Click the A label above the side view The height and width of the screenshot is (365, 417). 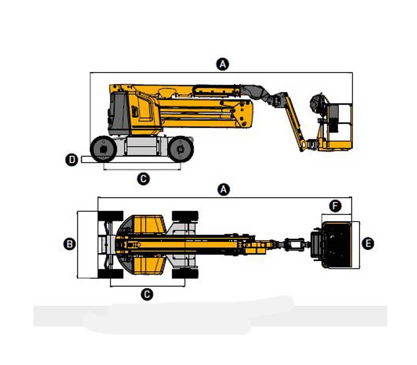223,64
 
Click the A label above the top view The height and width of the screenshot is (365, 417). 224,189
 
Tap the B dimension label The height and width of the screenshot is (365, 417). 70,244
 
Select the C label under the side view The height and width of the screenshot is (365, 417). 143,179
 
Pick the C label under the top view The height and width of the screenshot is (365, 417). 147,295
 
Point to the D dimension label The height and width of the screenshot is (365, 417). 71,160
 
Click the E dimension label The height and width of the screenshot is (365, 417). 368,244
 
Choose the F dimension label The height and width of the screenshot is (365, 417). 335,206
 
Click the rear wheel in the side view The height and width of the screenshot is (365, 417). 103,149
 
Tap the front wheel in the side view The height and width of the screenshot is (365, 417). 180,149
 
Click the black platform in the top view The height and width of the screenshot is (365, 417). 336,245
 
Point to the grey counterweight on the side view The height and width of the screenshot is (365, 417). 118,114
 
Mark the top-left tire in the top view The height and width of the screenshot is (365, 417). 111,216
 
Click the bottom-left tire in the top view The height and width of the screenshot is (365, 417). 111,274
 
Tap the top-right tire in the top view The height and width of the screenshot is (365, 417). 185,216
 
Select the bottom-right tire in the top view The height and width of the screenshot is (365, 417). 185,274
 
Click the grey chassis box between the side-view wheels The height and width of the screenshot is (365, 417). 142,146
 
